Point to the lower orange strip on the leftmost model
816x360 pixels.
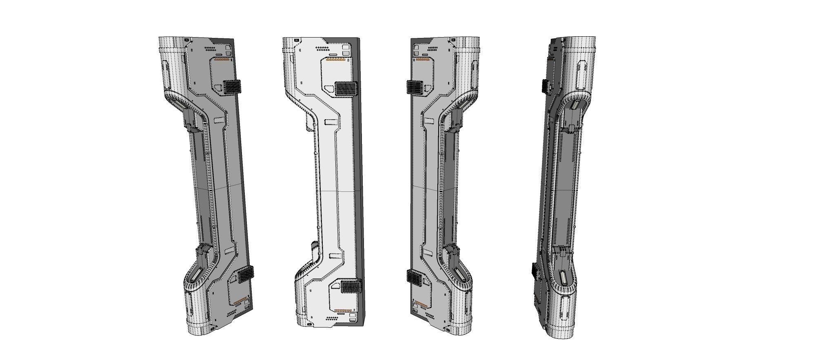click(x=242, y=302)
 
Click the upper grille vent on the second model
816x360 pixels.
click(x=346, y=89)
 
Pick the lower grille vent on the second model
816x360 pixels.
click(x=351, y=287)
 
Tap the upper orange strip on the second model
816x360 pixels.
click(x=335, y=60)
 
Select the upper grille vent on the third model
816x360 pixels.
click(x=415, y=87)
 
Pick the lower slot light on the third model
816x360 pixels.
click(x=461, y=274)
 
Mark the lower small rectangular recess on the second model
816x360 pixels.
click(x=335, y=256)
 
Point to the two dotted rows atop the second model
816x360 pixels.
click(x=323, y=48)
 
